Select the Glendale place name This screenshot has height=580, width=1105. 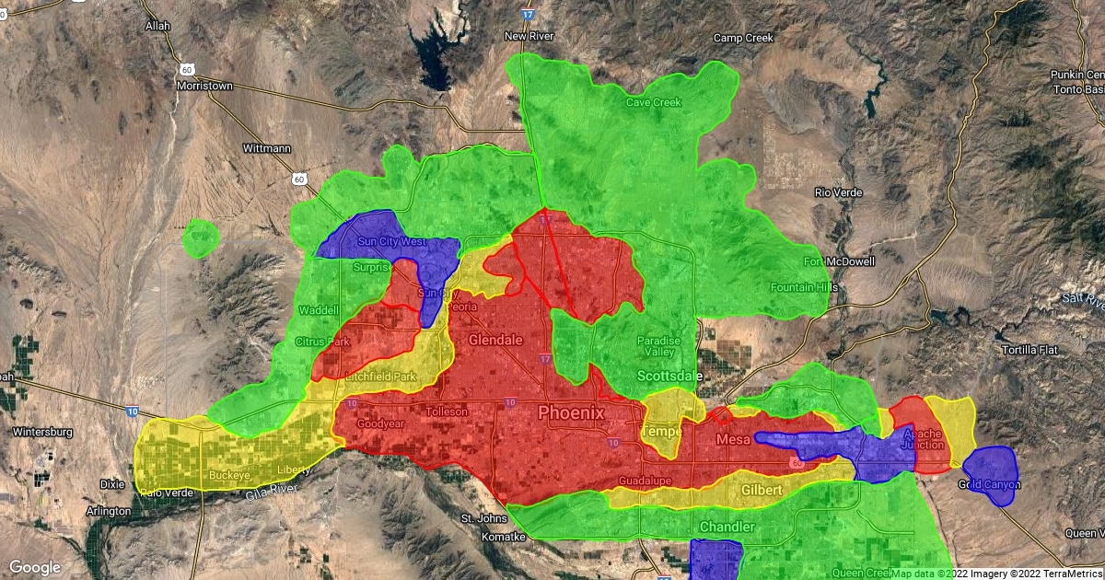495,340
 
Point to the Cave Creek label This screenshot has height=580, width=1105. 654,102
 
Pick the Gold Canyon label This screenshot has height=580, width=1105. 989,484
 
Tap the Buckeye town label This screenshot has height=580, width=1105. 229,475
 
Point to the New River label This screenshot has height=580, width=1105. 528,36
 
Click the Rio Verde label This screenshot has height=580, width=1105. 836,192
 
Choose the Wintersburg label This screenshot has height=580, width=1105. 42,431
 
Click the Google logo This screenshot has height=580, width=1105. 35,567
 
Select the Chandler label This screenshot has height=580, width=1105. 727,527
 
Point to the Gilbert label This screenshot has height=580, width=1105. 762,490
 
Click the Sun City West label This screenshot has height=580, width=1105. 391,241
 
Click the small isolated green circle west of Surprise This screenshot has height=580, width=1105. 201,238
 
